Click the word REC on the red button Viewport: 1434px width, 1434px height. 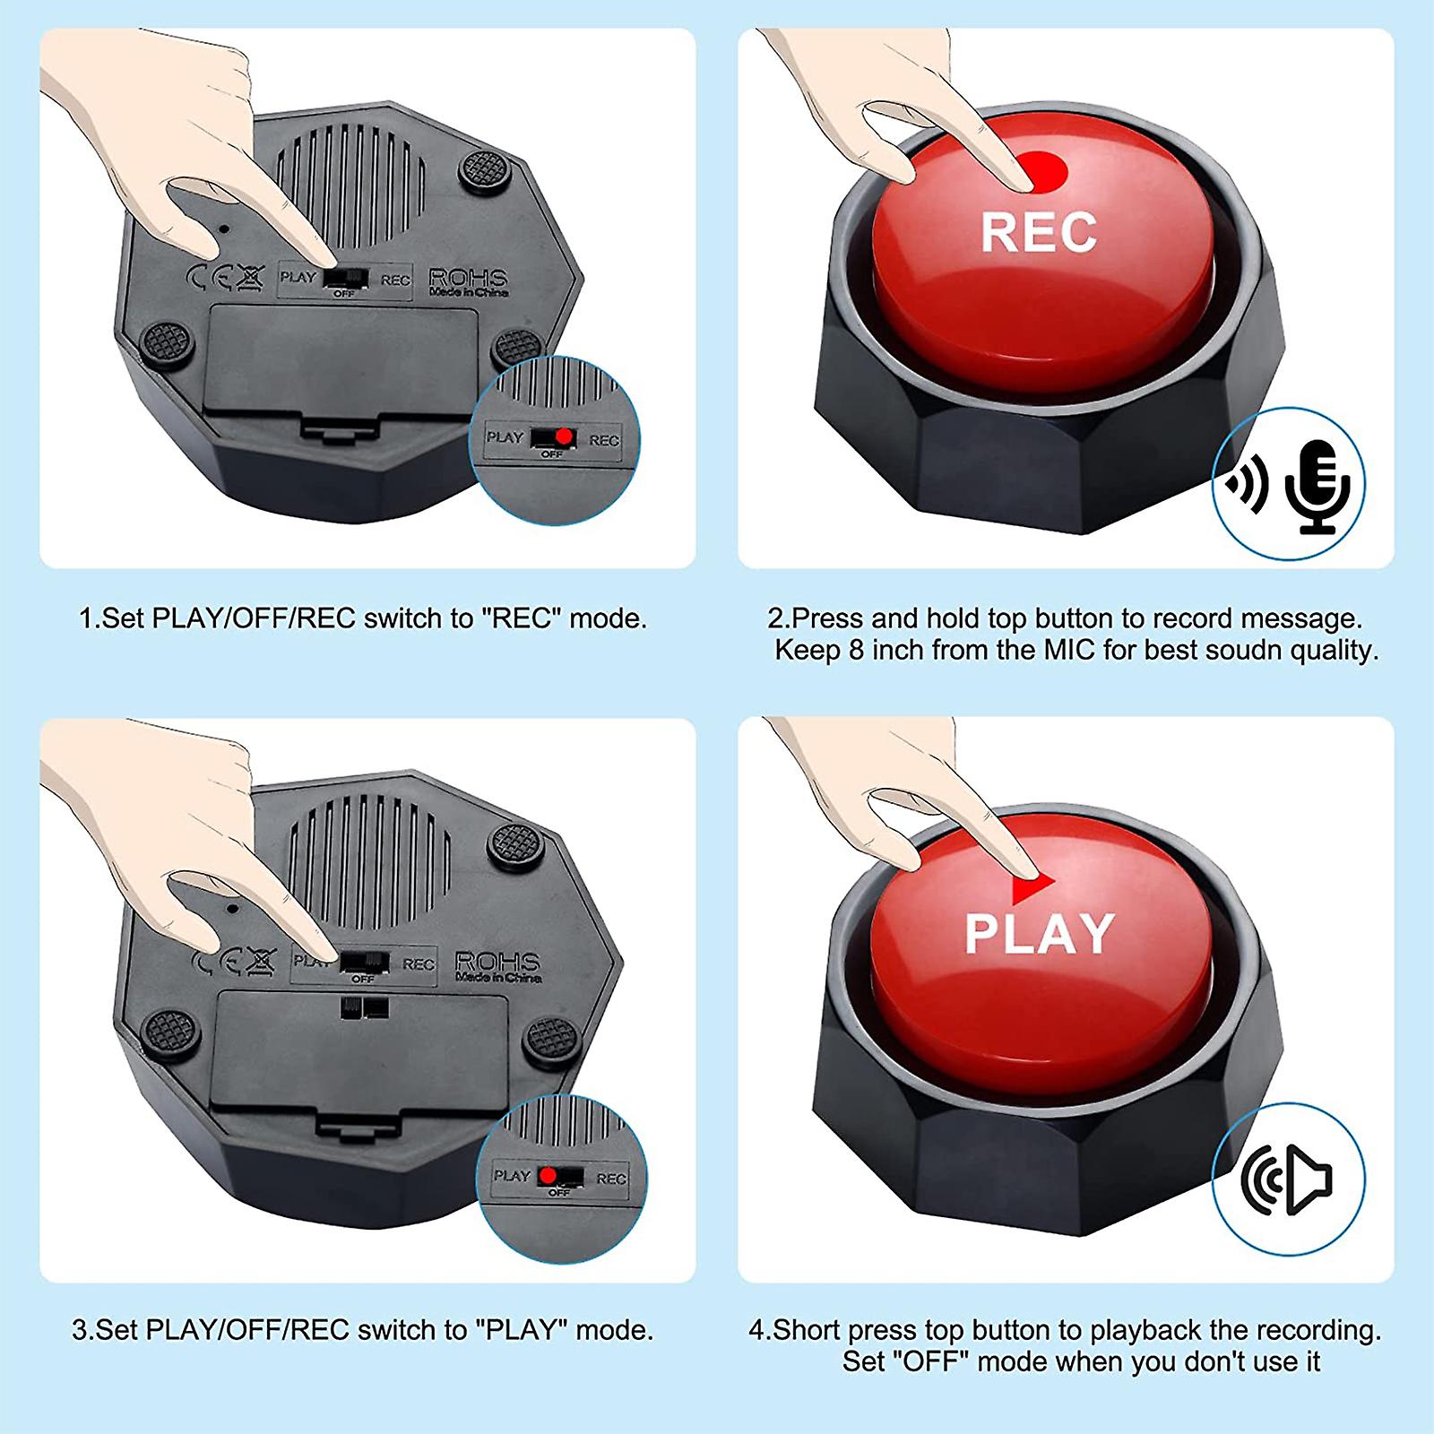1038,231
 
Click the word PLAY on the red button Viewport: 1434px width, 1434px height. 1039,933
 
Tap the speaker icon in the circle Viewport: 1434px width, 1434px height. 1287,1179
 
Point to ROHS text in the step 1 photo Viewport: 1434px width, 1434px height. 468,277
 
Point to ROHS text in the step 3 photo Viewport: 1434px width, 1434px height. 497,963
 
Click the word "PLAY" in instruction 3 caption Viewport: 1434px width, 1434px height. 523,1329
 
